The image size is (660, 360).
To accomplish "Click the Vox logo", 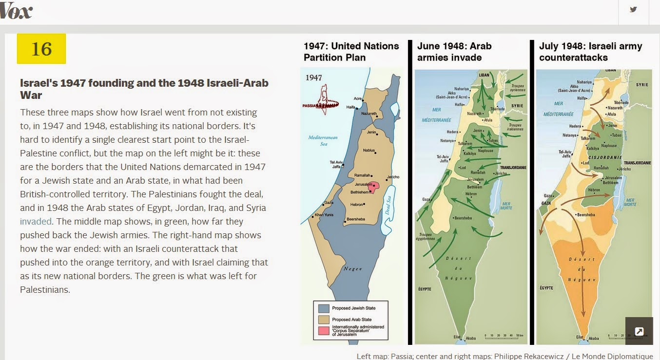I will tap(16, 12).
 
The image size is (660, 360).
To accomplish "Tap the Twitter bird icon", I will tap(633, 10).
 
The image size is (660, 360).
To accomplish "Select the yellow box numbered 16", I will tap(41, 49).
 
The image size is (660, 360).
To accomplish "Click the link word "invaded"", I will tap(36, 221).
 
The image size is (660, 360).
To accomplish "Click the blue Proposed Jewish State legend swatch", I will tap(324, 308).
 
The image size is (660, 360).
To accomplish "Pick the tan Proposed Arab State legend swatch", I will tap(324, 320).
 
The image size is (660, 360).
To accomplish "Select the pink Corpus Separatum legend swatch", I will tap(324, 331).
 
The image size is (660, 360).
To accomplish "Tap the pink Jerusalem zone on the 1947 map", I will tap(374, 186).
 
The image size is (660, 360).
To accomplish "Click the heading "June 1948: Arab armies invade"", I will tap(454, 52).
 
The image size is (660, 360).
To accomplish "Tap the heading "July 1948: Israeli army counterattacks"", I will tap(590, 52).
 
